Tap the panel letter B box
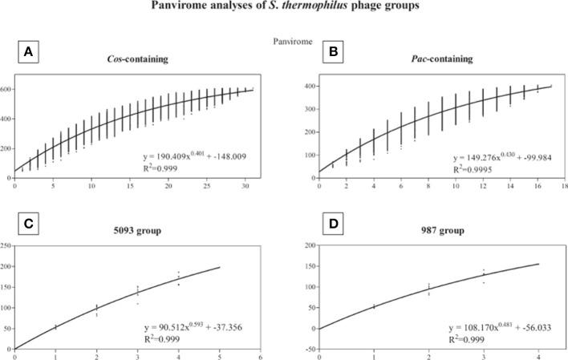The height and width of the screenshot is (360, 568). pyautogui.click(x=311, y=52)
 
